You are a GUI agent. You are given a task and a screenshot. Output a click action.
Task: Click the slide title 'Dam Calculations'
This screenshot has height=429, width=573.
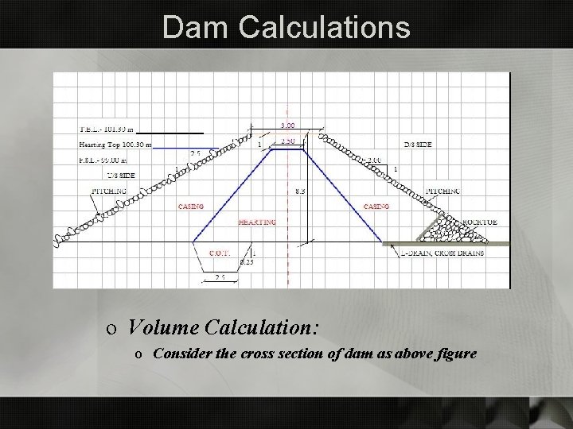point(286,27)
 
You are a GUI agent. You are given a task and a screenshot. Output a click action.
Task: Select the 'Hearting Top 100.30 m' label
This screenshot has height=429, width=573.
point(115,145)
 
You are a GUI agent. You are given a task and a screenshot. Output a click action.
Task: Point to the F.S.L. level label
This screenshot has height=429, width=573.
point(105,161)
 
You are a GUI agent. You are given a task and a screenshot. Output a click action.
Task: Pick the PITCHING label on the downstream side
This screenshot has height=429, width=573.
point(443,191)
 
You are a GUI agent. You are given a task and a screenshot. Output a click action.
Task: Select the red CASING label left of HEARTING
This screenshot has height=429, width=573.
point(190,207)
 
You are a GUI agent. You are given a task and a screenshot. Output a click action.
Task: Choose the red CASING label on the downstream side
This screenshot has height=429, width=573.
point(376,207)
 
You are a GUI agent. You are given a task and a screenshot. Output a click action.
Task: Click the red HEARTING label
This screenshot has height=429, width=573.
point(256,222)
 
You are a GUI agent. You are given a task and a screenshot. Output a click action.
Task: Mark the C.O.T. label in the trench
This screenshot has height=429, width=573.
point(220,253)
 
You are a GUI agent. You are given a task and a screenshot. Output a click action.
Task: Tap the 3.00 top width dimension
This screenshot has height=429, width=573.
point(288,125)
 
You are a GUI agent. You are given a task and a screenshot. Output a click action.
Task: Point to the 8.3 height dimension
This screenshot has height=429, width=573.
point(298,191)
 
